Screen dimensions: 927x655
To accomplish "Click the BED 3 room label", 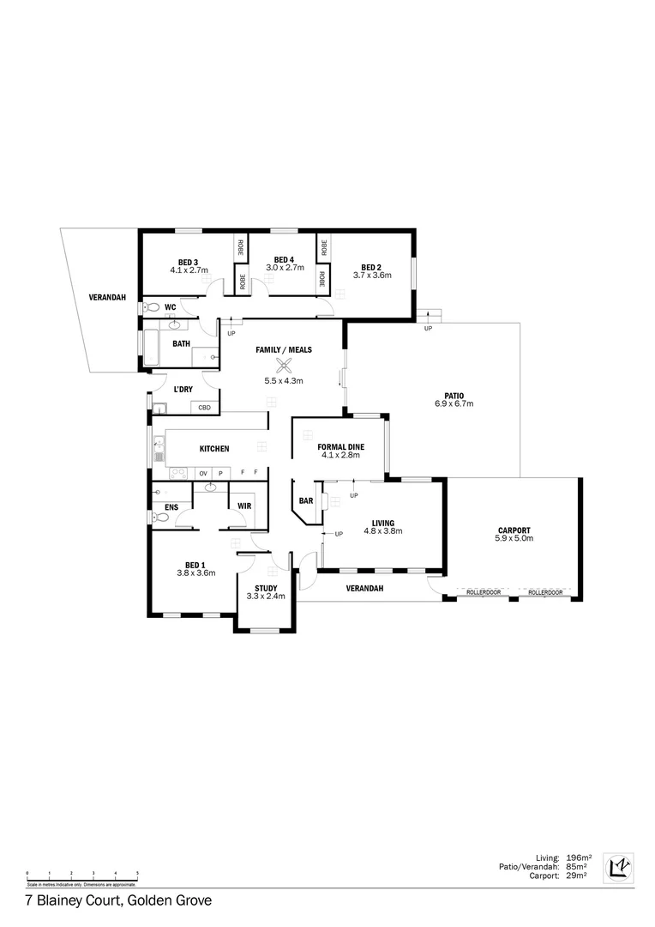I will [189, 262].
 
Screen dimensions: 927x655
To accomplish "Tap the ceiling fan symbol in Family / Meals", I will [284, 364].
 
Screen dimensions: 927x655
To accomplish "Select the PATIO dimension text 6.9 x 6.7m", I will [454, 403].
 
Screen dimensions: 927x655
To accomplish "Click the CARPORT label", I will [514, 530].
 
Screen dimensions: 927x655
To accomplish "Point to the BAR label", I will [305, 500].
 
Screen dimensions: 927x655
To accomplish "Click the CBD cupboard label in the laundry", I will [204, 408].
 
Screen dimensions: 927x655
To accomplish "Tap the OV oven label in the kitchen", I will [203, 473].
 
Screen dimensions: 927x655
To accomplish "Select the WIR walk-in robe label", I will [243, 506].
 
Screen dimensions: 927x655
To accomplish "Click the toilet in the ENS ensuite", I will [159, 518].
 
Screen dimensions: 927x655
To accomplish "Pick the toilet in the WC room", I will [151, 306].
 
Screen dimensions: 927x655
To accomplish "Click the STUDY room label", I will [265, 588].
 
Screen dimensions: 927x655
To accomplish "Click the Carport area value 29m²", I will [578, 875].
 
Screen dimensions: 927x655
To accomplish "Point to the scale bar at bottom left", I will [82, 877].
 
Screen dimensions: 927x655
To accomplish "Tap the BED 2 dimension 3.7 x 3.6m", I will [372, 276].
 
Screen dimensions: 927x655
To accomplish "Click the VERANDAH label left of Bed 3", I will [107, 298].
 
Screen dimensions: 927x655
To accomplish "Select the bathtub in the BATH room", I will [152, 347].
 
